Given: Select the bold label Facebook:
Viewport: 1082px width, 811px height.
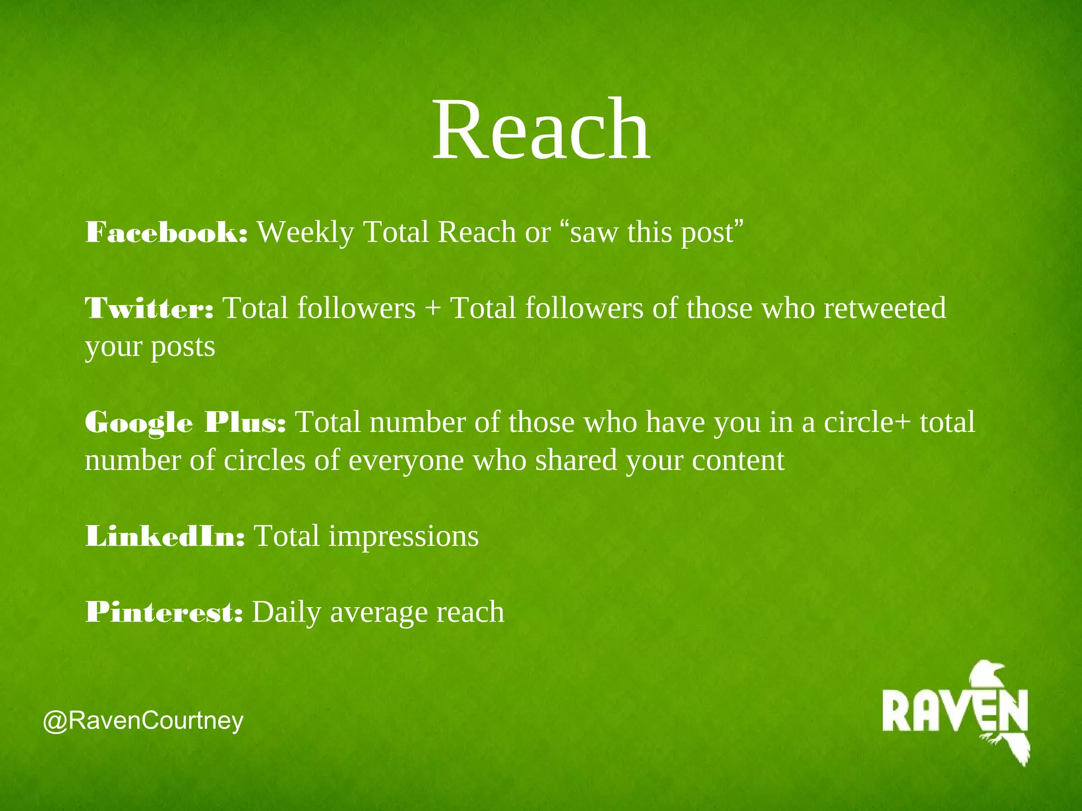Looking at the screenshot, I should click(x=166, y=232).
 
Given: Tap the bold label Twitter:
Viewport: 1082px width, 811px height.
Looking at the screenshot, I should click(x=150, y=308).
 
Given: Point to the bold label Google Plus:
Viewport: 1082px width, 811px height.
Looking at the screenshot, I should click(x=185, y=422).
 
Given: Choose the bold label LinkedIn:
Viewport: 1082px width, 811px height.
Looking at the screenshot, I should click(x=165, y=536).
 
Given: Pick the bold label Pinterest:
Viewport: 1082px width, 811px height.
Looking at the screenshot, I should click(x=164, y=612).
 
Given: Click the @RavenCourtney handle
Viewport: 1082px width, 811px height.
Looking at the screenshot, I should click(x=143, y=721).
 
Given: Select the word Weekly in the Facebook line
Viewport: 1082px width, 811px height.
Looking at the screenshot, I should click(x=305, y=232).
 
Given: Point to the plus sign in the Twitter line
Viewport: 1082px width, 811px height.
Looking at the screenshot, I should click(x=433, y=309).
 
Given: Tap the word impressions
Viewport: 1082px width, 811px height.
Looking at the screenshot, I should click(x=404, y=536).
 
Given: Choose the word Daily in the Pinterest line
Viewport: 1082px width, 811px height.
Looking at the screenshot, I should click(x=286, y=612).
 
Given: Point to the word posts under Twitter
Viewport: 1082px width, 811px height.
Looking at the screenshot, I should click(x=183, y=347).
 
